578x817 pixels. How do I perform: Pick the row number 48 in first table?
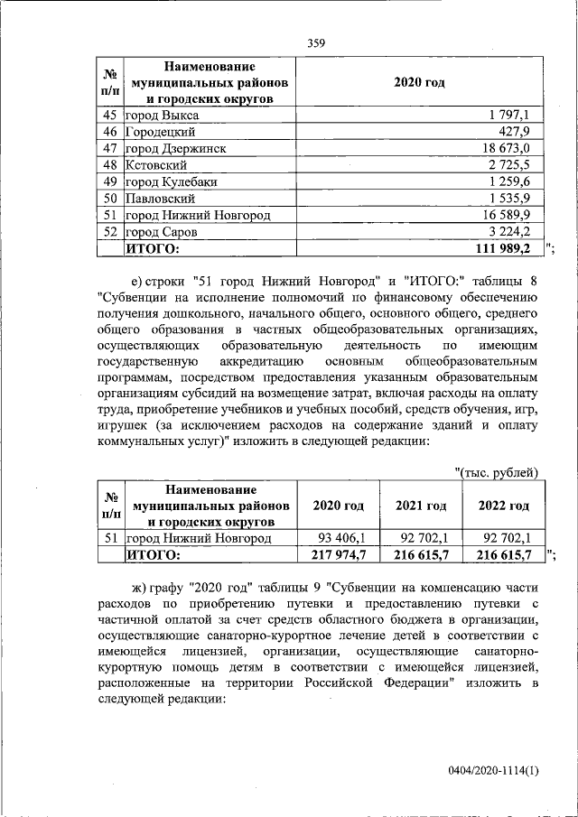(111, 165)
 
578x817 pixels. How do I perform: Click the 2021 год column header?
(421, 506)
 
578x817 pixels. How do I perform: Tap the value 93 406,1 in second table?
(338, 538)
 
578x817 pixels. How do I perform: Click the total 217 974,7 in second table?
(336, 554)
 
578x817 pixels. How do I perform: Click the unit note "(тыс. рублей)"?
(497, 472)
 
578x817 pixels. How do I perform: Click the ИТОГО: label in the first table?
(153, 247)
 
